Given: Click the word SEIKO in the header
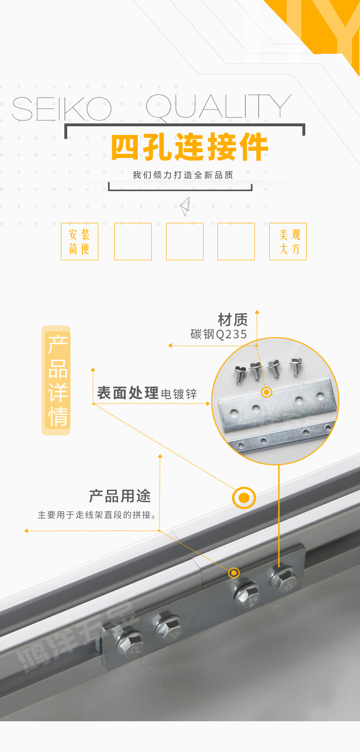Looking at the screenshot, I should (61, 109).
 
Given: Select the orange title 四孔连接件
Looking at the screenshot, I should (190, 147).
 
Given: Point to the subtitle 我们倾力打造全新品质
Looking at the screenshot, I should (183, 175).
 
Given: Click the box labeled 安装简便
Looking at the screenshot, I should (80, 242).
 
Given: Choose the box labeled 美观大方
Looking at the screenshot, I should (288, 242).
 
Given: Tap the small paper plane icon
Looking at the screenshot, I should (185, 206).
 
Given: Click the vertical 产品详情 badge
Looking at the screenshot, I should (57, 380).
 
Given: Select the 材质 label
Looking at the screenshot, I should (233, 320).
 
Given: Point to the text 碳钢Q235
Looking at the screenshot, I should (219, 334).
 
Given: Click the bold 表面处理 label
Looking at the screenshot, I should (128, 393).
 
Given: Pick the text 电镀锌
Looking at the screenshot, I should (179, 394).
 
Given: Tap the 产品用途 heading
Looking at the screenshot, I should (120, 496).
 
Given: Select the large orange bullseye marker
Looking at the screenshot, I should (244, 498).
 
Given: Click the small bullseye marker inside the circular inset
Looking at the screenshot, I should (266, 392).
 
